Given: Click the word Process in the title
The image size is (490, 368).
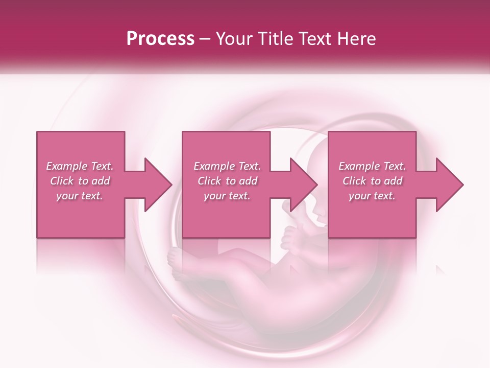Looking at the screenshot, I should click(x=160, y=39).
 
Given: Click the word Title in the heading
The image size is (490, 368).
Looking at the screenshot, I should click(x=276, y=39).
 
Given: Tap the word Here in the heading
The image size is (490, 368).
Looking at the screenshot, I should click(x=356, y=39).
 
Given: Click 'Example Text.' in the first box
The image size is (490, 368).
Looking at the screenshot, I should click(x=80, y=166).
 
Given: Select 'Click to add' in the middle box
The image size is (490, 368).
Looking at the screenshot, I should click(x=227, y=181).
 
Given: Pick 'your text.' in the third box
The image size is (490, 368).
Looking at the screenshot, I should click(x=372, y=196).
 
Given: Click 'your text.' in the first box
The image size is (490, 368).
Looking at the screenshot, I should click(x=80, y=196).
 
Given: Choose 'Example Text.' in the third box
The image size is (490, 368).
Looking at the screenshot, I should click(x=372, y=166).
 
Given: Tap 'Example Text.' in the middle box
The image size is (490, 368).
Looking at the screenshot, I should click(x=227, y=166).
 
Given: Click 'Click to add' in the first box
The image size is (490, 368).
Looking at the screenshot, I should click(x=80, y=181).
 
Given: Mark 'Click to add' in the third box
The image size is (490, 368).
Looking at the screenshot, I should click(x=372, y=181).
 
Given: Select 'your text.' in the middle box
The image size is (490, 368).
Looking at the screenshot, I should click(x=227, y=196).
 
